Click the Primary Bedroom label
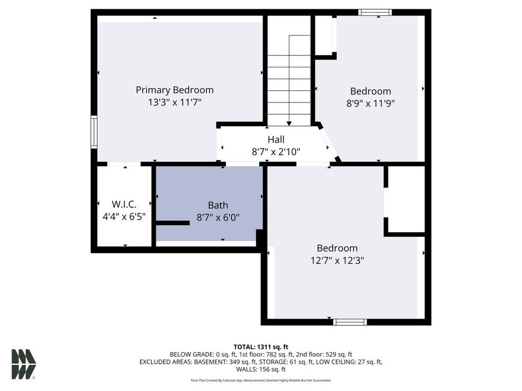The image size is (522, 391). coord(175,90)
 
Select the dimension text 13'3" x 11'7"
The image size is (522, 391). coord(175,102)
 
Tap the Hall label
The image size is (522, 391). coord(275,140)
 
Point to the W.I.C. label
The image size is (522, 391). coord(124,204)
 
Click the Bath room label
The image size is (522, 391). coord(218,205)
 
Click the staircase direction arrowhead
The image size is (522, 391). coord(289,123)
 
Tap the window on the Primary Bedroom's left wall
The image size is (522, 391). coord(93,132)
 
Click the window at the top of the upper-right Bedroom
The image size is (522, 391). coord(375,12)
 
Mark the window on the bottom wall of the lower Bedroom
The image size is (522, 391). coord(350,321)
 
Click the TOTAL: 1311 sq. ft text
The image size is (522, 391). coord(260,346)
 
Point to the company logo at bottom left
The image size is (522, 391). coord(24,364)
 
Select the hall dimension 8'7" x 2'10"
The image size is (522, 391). coord(275,152)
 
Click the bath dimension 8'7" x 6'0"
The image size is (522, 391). coord(218,217)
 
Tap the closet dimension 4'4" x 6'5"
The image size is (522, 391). coord(124,217)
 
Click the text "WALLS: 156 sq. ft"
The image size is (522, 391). coord(260,369)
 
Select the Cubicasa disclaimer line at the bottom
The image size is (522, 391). coord(260,381)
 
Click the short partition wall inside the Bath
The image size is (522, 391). coord(173,222)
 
